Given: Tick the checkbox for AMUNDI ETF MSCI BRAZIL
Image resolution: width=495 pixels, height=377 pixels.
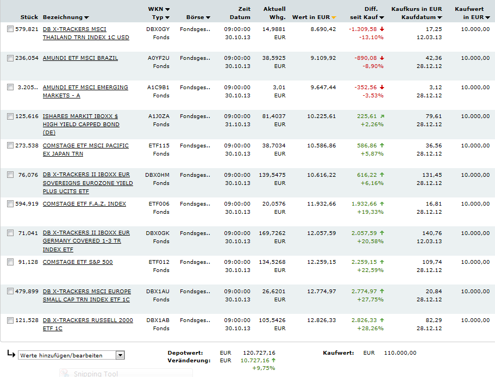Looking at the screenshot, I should click(10, 58).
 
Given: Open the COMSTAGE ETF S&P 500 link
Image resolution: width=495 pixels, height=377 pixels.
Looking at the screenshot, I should click(78, 262).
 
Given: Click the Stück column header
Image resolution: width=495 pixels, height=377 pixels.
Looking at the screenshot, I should click(29, 17).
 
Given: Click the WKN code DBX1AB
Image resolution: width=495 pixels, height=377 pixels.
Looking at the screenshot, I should click(158, 320).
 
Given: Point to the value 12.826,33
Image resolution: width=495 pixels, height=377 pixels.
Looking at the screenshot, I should click(322, 320).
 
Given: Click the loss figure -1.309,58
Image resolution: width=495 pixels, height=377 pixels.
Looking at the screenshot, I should click(364, 29).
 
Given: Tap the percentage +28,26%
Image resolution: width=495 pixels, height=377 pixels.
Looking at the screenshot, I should click(370, 329).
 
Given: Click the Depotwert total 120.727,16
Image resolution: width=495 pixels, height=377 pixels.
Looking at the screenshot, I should click(260, 353).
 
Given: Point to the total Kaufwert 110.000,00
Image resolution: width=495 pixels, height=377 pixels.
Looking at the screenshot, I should click(400, 353).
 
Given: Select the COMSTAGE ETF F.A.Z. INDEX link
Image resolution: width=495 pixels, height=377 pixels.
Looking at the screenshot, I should click(84, 204).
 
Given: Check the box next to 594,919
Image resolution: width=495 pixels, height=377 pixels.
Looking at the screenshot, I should click(10, 204).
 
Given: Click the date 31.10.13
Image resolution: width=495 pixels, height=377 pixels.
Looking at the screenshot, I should click(237, 125).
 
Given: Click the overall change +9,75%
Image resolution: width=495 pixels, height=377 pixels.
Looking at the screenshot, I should click(264, 368).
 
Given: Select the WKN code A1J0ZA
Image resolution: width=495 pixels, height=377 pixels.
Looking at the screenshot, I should click(158, 116).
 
